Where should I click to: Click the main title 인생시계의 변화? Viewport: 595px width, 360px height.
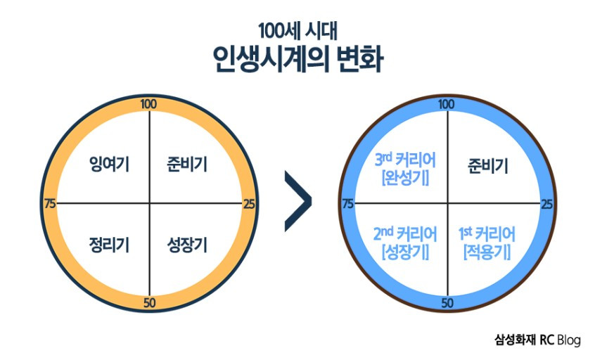[x=297, y=60]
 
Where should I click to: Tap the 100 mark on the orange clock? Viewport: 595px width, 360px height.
[x=149, y=105]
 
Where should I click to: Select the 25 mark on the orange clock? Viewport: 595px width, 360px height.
[x=248, y=204]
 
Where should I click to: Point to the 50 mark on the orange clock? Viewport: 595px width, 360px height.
[x=149, y=303]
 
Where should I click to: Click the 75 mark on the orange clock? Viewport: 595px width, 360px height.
[x=49, y=204]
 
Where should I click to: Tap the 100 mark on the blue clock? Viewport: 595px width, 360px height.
[x=446, y=105]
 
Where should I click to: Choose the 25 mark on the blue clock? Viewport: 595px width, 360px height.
[x=546, y=204]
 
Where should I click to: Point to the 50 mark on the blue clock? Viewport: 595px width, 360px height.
[x=446, y=303]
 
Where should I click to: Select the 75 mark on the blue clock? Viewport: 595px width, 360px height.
[x=347, y=204]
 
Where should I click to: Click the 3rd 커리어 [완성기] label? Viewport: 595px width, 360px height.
[x=404, y=169]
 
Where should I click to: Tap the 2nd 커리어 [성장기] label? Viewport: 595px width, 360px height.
[x=404, y=241]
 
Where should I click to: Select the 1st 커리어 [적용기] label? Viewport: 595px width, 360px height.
[x=487, y=241]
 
